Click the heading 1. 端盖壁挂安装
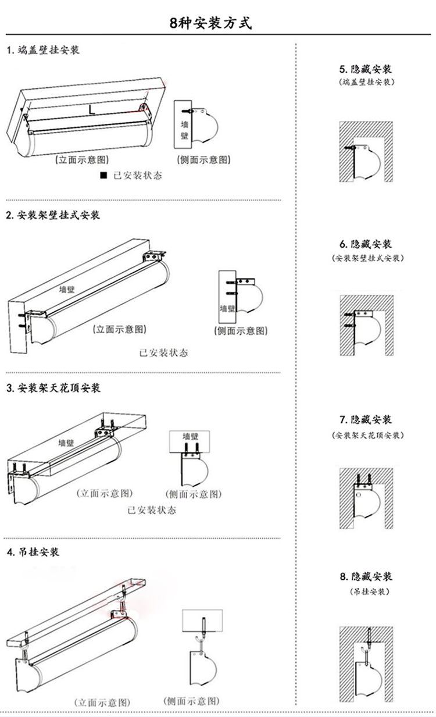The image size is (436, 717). point(43,50)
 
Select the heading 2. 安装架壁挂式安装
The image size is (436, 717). point(53,215)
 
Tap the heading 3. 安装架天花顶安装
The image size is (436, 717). point(53,387)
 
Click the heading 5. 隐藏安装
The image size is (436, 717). point(366,69)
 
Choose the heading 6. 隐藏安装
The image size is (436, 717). point(366,244)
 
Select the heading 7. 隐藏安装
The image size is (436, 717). point(366,419)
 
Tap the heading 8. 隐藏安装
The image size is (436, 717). point(366,576)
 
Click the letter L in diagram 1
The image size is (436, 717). point(92,108)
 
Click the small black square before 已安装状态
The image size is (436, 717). point(103,175)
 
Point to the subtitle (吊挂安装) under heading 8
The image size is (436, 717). point(366,591)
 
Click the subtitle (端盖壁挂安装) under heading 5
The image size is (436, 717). point(366,83)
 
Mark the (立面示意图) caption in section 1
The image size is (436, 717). point(81,159)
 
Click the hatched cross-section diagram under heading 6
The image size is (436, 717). point(366,326)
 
